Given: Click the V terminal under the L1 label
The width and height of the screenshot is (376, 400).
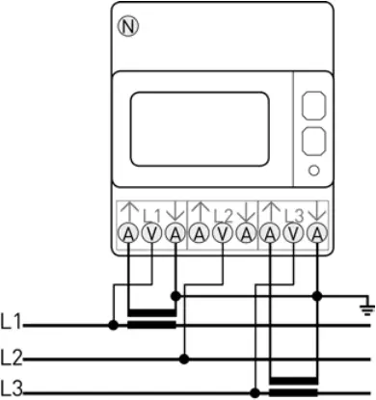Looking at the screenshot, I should pyautogui.click(x=150, y=233).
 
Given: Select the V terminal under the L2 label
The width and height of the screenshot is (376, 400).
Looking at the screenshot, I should pyautogui.click(x=222, y=233).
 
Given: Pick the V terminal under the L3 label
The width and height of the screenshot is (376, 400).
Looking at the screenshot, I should pyautogui.click(x=293, y=233).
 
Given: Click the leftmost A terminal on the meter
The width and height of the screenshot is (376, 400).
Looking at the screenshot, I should pyautogui.click(x=127, y=233).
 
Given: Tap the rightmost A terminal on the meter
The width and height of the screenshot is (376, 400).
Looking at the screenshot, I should pyautogui.click(x=317, y=233).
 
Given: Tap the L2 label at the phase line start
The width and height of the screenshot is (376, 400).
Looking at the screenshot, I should pyautogui.click(x=13, y=357).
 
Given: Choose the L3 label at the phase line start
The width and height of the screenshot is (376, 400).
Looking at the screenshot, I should pyautogui.click(x=13, y=388).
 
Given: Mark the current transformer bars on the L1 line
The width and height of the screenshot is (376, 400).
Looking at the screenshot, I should pyautogui.click(x=151, y=318).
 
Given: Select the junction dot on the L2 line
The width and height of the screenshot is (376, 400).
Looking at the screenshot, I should pyautogui.click(x=184, y=358).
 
